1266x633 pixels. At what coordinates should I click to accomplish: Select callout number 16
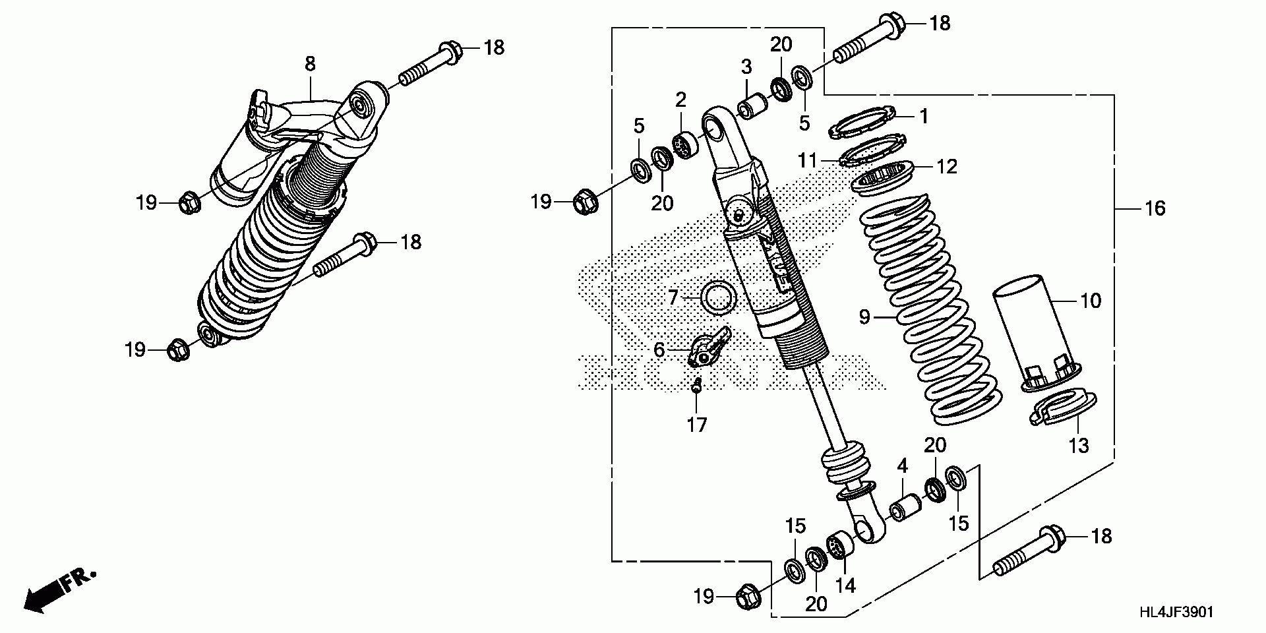tap(1155, 209)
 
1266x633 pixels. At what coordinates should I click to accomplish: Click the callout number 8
tap(310, 64)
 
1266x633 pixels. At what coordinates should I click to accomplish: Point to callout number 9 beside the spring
tap(865, 318)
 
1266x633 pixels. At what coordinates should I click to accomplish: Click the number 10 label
tap(1091, 301)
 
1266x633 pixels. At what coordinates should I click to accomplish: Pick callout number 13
tap(1078, 446)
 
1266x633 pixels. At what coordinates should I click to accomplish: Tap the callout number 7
tap(673, 298)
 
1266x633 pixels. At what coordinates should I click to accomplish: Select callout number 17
tap(696, 425)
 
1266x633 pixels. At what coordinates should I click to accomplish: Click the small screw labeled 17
tap(696, 388)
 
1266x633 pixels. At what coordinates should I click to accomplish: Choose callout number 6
tap(659, 349)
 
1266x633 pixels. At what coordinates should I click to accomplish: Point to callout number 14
tap(845, 585)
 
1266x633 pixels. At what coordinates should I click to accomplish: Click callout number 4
tap(902, 466)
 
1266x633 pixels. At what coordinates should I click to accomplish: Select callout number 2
tap(680, 100)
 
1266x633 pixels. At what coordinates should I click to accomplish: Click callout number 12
tap(947, 167)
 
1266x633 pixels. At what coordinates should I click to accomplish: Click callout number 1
tap(924, 117)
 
